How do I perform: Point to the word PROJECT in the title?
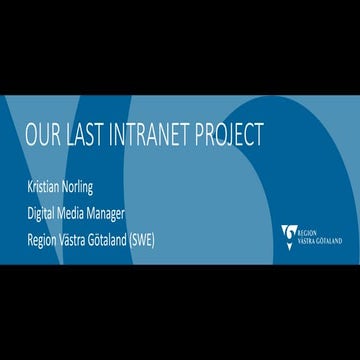point(232,134)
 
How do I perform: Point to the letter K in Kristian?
point(31,188)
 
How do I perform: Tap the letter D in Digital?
point(31,211)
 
